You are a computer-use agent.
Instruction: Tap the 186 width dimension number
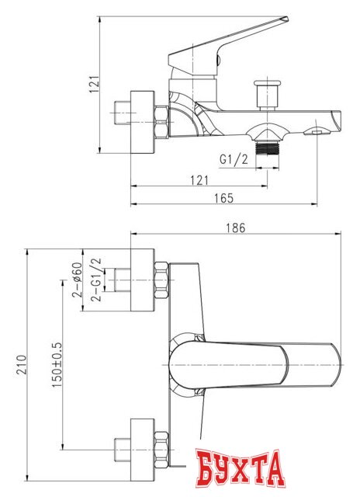[x=236, y=228]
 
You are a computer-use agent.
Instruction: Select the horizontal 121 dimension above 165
[x=199, y=180]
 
